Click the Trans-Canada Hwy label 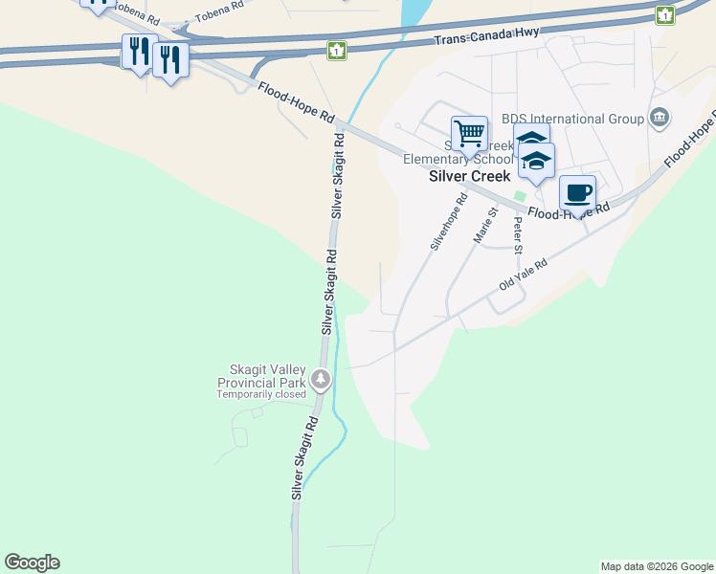point(486,36)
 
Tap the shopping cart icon point(469,133)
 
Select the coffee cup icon point(577,192)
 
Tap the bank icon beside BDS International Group point(659,118)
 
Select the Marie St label point(485,226)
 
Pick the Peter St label point(518,235)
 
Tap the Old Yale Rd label point(523,276)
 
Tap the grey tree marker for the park point(321,380)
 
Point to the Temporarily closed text point(261,394)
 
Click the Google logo point(32,563)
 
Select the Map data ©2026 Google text point(657,566)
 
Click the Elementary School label point(445,160)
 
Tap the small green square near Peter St point(520,196)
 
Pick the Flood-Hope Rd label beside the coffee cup point(570,210)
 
